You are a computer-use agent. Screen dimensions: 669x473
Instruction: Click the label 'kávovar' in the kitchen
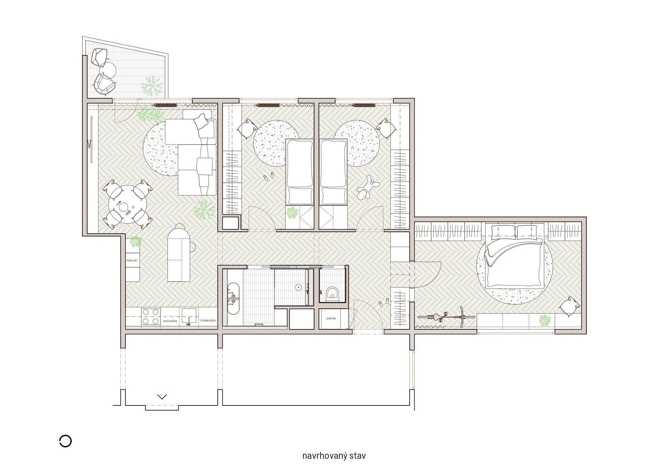(x=132, y=260)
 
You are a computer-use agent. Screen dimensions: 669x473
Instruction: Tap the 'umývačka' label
(x=170, y=321)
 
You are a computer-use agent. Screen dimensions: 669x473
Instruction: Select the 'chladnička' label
(x=208, y=320)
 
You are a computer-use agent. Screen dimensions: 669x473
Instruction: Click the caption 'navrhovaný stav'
(x=334, y=456)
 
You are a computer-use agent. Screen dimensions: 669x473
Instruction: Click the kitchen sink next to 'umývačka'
(x=189, y=317)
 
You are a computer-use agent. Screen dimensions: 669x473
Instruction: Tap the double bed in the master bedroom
(x=515, y=255)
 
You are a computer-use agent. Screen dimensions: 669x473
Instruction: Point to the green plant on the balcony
(x=152, y=86)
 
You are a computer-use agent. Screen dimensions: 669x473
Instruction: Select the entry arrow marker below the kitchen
(x=162, y=397)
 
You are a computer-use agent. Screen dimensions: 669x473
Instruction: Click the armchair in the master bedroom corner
(x=570, y=306)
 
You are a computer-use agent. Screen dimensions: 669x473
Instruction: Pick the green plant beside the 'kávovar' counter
(x=135, y=242)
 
